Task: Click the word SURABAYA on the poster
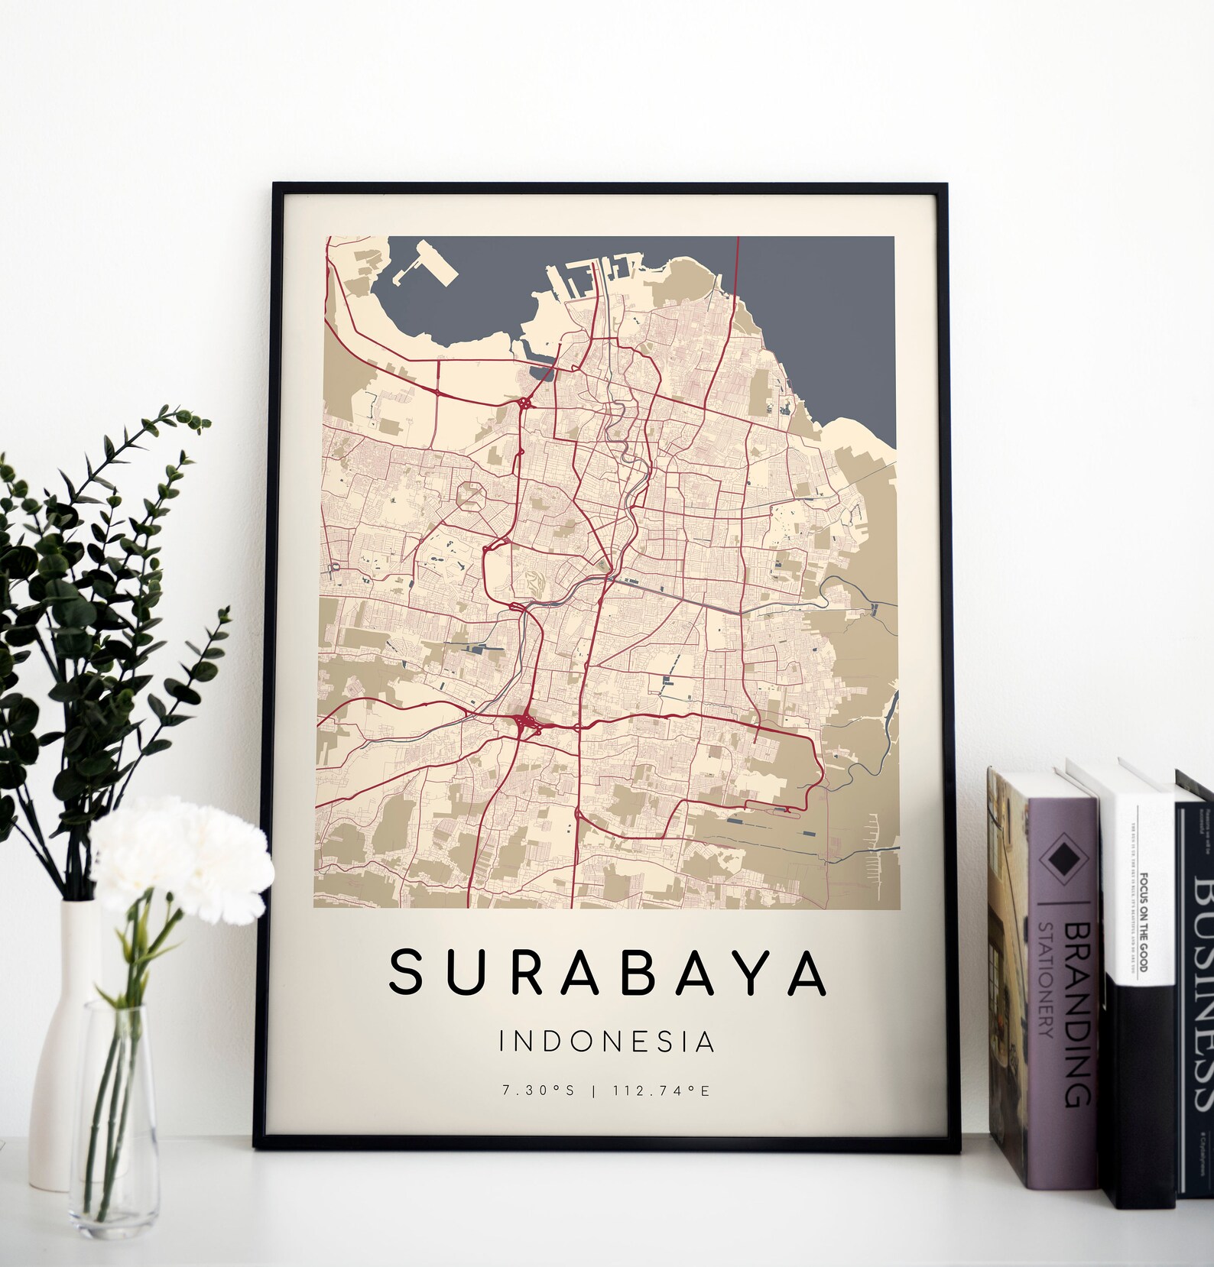pyautogui.click(x=607, y=974)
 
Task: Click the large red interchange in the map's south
pyautogui.click(x=524, y=722)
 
